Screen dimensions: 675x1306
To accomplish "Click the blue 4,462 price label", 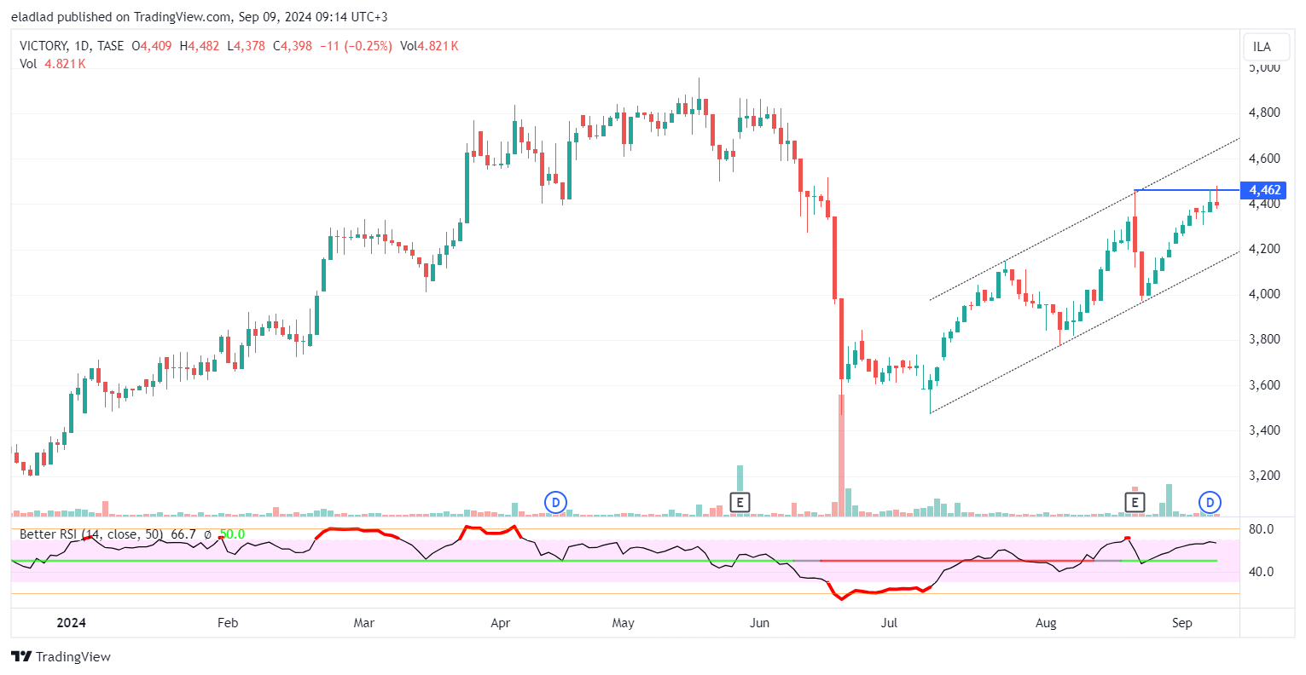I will tap(1264, 190).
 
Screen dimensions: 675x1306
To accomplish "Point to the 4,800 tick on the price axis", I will tap(1264, 112).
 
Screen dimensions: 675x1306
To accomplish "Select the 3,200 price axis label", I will tap(1264, 476).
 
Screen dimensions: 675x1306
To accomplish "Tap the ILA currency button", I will tap(1262, 47).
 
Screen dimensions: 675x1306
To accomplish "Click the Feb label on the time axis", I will tap(228, 623).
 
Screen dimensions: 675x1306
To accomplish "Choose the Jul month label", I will tap(889, 623).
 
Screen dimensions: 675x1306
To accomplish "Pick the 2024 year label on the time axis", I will tap(71, 623).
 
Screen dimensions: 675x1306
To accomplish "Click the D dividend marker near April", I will tap(555, 503).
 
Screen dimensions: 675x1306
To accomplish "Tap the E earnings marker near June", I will tap(740, 503).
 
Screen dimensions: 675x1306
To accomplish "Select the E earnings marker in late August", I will tap(1135, 503).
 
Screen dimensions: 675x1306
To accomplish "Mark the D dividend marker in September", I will tap(1210, 503).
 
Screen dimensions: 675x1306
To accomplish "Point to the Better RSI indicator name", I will tap(50, 534).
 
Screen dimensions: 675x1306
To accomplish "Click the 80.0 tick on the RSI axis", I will tap(1261, 529).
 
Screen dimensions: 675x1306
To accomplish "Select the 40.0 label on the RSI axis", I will tap(1261, 572).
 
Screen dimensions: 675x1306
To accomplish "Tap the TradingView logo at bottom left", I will tap(61, 656).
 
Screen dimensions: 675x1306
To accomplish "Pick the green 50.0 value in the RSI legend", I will tap(232, 534).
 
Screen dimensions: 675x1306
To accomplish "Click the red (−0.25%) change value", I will tap(369, 46).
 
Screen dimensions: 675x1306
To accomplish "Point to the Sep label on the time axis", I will tap(1181, 623).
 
